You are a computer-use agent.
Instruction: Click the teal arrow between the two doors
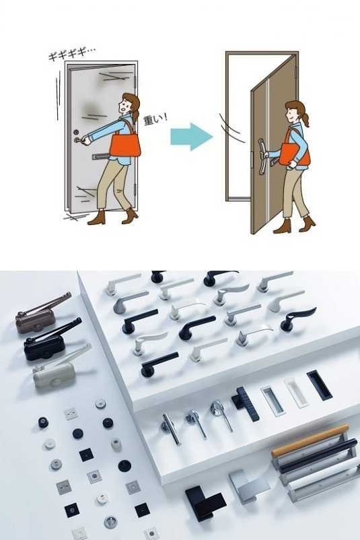pos(191,137)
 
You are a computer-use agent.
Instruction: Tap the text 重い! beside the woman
pos(155,119)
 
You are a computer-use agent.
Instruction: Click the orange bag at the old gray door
pos(125,145)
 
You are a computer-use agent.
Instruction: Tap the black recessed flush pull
pos(319,385)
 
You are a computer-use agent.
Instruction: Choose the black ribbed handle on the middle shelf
pos(246,403)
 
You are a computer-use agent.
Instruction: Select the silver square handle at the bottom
pos(248,485)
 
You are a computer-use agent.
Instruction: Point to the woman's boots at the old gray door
pos(113,217)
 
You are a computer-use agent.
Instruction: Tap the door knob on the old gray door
pos(78,140)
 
